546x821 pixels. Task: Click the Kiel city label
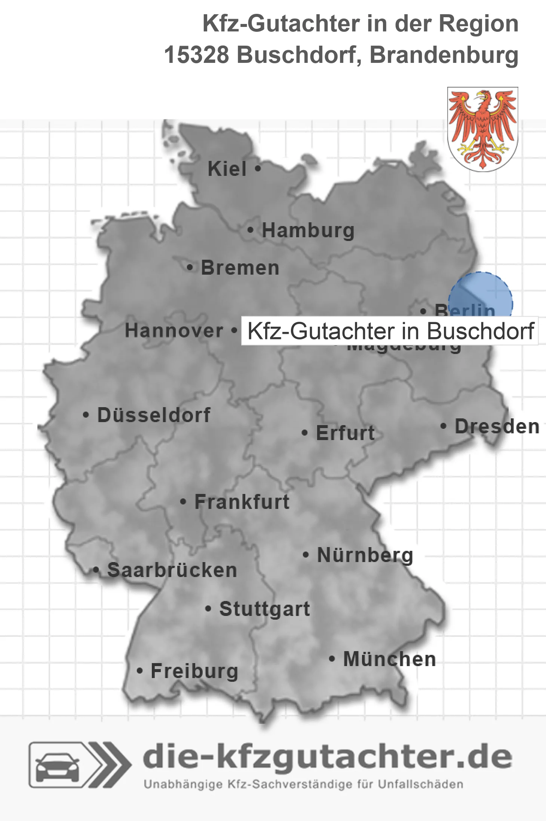227,169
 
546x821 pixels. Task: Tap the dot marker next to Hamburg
250,230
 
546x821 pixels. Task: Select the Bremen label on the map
240,268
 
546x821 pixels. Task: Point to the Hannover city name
174,331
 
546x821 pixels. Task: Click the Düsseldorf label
154,415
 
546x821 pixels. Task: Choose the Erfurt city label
345,433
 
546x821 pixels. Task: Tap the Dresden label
497,427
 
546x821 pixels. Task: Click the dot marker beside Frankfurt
183,501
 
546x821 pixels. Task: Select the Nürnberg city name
365,555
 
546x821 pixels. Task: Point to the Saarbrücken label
172,570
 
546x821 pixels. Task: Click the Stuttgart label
264,609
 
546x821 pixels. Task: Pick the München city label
389,659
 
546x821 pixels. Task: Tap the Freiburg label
194,671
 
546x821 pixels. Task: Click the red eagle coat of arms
482,129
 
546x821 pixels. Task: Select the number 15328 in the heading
196,55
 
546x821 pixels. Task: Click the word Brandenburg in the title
444,55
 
